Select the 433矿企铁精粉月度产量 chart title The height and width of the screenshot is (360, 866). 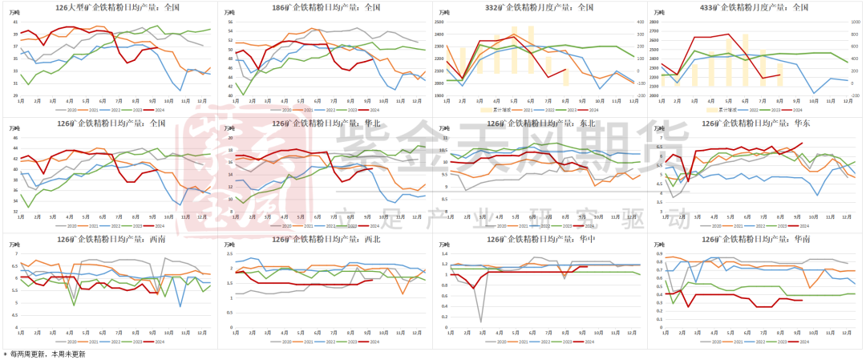click(755, 7)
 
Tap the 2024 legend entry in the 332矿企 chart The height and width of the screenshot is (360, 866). click(591, 110)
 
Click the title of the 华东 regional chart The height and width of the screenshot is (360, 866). click(755, 123)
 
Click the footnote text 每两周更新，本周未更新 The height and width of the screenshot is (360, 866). click(48, 354)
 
